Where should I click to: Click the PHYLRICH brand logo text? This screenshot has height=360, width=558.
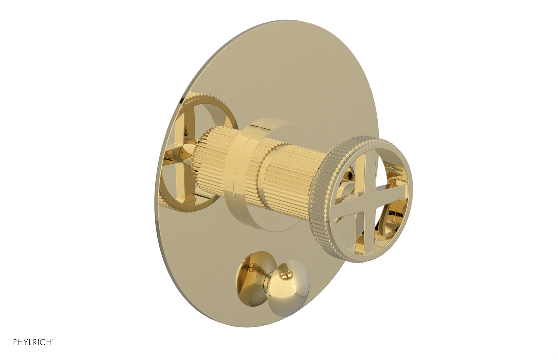(32, 342)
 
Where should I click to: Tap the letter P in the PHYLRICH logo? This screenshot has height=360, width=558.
(15, 342)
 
